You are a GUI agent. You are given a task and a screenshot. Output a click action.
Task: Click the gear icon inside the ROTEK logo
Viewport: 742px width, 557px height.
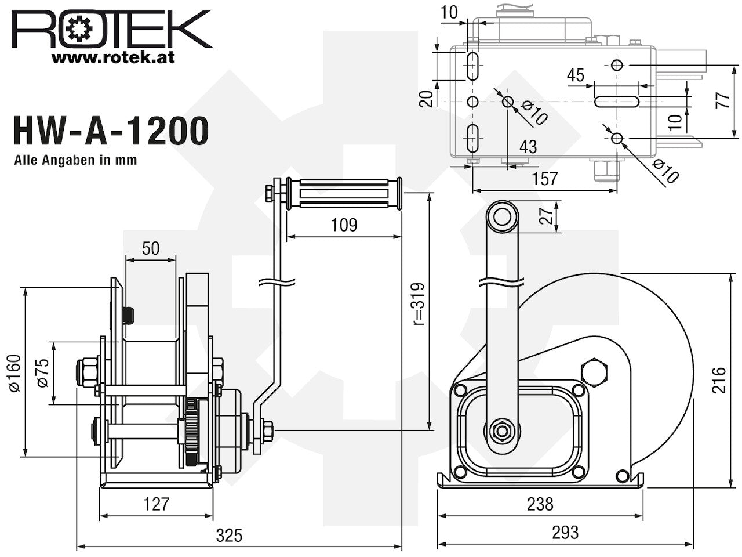pyautogui.click(x=79, y=29)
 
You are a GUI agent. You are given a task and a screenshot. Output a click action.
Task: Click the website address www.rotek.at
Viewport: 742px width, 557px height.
pyautogui.click(x=113, y=58)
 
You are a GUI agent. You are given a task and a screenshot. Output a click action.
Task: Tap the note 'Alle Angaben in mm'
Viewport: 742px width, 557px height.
pyautogui.click(x=75, y=160)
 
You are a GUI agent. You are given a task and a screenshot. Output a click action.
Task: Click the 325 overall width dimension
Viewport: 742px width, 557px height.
pyautogui.click(x=229, y=536)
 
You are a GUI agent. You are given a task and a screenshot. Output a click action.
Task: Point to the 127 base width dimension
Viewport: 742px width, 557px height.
pyautogui.click(x=156, y=504)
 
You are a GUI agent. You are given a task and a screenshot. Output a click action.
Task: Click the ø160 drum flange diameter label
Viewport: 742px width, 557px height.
pyautogui.click(x=16, y=373)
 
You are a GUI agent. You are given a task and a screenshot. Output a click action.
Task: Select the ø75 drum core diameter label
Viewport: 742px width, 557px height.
pyautogui.click(x=43, y=372)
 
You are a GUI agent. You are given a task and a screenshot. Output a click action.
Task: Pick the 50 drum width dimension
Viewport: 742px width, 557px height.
pyautogui.click(x=150, y=248)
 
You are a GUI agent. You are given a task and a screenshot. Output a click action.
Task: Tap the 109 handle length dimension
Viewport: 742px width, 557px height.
pyautogui.click(x=344, y=225)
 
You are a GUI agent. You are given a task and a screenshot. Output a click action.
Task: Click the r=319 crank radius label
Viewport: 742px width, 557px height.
pyautogui.click(x=419, y=304)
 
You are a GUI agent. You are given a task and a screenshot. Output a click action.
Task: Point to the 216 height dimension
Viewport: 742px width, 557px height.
pyautogui.click(x=719, y=380)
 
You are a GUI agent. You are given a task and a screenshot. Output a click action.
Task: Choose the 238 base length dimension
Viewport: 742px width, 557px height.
pyautogui.click(x=540, y=504)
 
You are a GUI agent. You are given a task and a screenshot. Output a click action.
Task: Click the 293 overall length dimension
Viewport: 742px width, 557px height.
pyautogui.click(x=565, y=532)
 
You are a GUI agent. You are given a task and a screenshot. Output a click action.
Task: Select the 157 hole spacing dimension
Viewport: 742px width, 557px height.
pyautogui.click(x=544, y=179)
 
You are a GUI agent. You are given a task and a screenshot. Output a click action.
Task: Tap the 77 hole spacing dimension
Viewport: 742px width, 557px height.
pyautogui.click(x=722, y=100)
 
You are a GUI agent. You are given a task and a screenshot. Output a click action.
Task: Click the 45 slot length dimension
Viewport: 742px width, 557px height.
pyautogui.click(x=576, y=75)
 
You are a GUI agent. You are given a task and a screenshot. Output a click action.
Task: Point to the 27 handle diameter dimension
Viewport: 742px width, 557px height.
pyautogui.click(x=546, y=216)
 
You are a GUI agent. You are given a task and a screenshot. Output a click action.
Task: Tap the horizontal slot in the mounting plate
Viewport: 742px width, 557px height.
pyautogui.click(x=617, y=102)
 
